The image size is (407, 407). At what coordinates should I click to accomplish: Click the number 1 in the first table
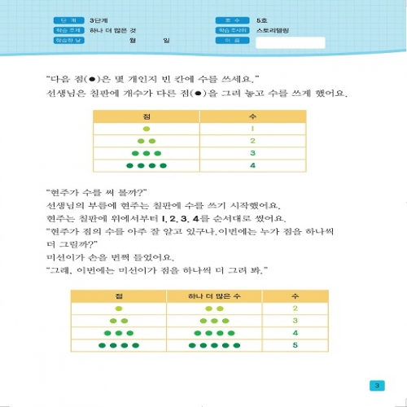tap(253, 129)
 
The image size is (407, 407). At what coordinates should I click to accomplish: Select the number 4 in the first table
tap(253, 165)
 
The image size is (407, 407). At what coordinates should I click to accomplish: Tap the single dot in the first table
tap(146, 129)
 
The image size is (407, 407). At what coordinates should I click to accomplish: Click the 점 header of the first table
tap(146, 116)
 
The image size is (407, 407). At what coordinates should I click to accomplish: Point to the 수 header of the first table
tap(253, 116)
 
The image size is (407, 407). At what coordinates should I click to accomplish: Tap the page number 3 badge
tap(375, 386)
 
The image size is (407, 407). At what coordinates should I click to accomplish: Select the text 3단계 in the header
tap(99, 19)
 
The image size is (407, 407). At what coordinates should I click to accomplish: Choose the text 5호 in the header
tap(261, 19)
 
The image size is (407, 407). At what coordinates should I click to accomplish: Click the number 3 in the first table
tap(253, 153)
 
